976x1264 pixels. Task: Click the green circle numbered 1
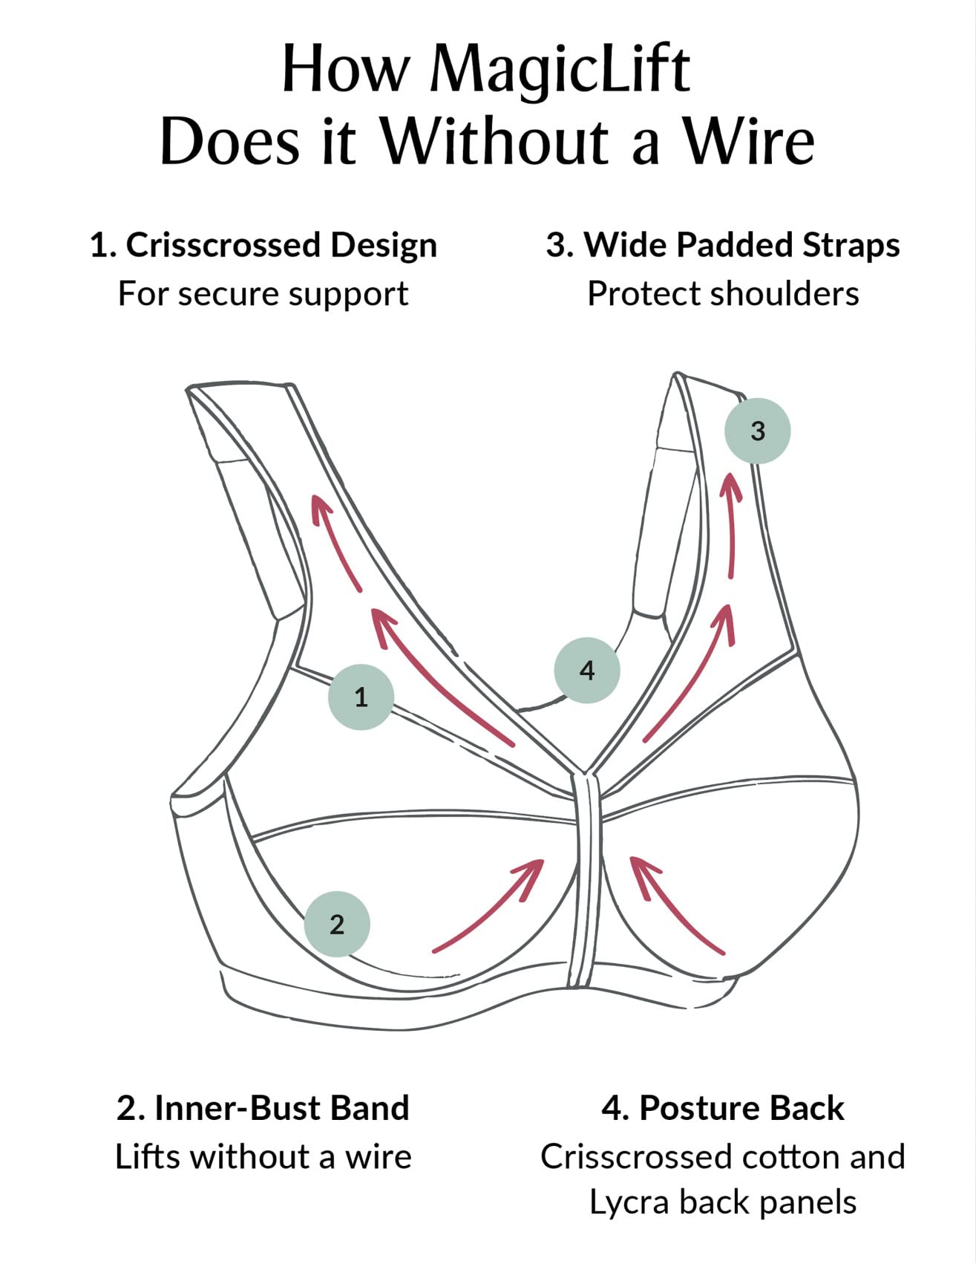click(361, 697)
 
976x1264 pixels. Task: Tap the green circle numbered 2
click(337, 924)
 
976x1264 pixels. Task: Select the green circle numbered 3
click(757, 431)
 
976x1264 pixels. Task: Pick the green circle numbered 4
click(586, 670)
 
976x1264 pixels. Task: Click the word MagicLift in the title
click(560, 70)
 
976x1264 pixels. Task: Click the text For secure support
click(263, 294)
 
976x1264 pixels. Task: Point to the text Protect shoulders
click(723, 294)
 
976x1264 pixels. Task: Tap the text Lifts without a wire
click(263, 1157)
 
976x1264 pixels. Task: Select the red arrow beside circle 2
click(490, 906)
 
